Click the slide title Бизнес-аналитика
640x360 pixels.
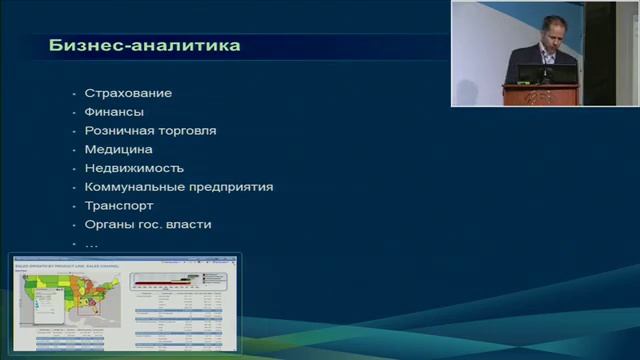pos(144,46)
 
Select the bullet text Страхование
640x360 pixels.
pos(128,93)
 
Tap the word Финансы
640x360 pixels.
pos(114,112)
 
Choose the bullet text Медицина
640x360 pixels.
pos(118,149)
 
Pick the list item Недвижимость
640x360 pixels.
pos(134,168)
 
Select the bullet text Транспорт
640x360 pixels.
pos(119,206)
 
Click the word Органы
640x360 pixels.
pos(108,225)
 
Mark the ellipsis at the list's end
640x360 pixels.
pos(91,244)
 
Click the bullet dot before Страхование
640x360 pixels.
pos(73,94)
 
